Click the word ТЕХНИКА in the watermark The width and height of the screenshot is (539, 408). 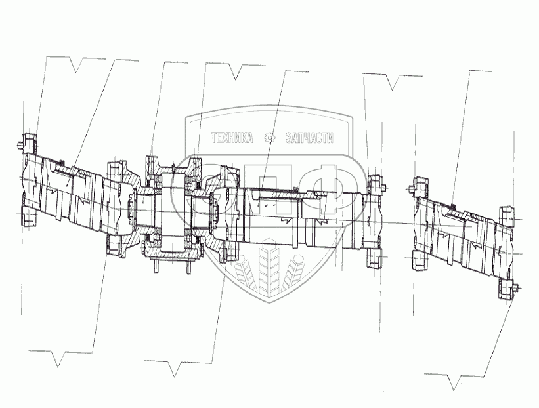[231, 138]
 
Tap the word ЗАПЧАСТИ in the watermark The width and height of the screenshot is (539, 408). [309, 138]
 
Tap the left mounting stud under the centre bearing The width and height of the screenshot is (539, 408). [156, 265]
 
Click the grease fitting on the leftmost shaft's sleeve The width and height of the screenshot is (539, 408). [60, 163]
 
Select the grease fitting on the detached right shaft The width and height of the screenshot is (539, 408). [453, 206]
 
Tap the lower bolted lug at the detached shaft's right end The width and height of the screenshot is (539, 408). [508, 289]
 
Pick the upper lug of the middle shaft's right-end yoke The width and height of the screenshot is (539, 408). [375, 183]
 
